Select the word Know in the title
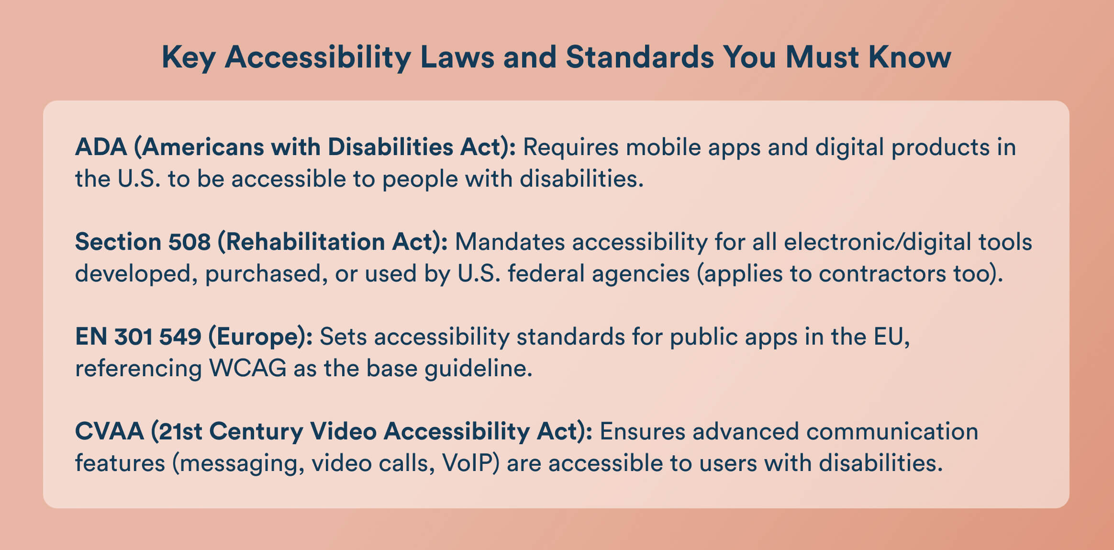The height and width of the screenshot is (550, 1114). [x=910, y=57]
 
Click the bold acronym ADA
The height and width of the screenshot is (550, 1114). [x=101, y=147]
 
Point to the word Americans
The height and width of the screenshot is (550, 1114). [x=202, y=147]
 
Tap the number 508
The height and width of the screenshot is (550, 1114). [x=189, y=242]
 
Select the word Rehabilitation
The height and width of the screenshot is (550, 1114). [x=305, y=242]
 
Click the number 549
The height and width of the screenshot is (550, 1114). [x=180, y=337]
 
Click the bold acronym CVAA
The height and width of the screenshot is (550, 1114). [x=110, y=431]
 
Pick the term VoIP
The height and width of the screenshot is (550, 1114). [x=467, y=463]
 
